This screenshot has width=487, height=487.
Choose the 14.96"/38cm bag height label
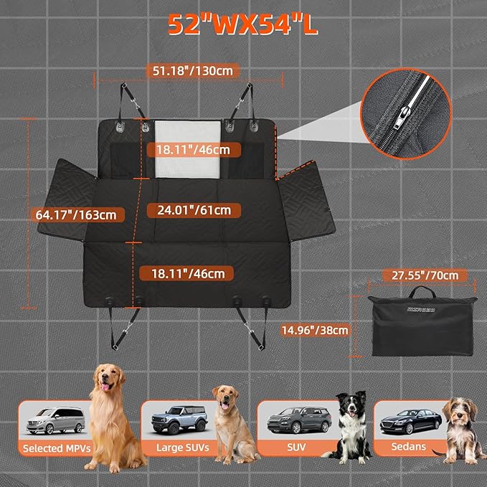coord(316,330)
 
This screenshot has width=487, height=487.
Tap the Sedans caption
coord(409,447)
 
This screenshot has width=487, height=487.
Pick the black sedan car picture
coord(407,420)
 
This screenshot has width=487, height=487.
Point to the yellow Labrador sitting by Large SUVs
coord(233,423)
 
